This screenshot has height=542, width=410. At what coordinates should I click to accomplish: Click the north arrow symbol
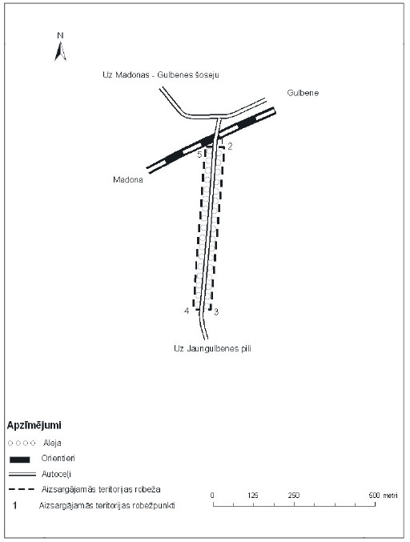click(60, 51)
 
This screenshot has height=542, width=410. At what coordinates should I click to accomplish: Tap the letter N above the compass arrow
click(60, 35)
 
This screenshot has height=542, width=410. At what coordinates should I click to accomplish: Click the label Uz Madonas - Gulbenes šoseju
click(161, 74)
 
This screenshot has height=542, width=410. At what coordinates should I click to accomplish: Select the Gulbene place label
click(303, 93)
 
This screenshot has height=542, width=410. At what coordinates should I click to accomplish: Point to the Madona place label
click(128, 180)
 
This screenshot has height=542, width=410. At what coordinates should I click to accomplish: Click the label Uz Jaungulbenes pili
click(212, 348)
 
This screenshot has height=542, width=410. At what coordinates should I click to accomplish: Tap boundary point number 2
click(230, 147)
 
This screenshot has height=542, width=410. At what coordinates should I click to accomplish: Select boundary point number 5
click(199, 155)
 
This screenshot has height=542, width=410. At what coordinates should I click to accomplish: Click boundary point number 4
click(187, 311)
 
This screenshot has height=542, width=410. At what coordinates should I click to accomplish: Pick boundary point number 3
click(216, 312)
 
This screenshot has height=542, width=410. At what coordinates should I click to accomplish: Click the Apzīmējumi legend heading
click(34, 425)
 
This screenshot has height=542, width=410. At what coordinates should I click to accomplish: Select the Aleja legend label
click(52, 443)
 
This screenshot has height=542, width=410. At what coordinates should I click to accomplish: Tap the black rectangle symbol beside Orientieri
click(20, 460)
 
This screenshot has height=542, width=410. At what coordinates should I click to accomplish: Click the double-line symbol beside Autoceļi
click(22, 474)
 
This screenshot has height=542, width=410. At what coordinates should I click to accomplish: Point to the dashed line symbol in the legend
click(22, 489)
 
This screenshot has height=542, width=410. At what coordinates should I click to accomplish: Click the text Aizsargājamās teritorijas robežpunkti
click(107, 506)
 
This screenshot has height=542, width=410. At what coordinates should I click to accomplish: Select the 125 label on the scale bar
click(253, 496)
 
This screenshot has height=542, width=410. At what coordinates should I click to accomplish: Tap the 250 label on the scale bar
click(294, 496)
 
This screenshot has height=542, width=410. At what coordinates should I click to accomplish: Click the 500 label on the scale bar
click(375, 496)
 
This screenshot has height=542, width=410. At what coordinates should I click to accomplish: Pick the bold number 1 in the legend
click(14, 506)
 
